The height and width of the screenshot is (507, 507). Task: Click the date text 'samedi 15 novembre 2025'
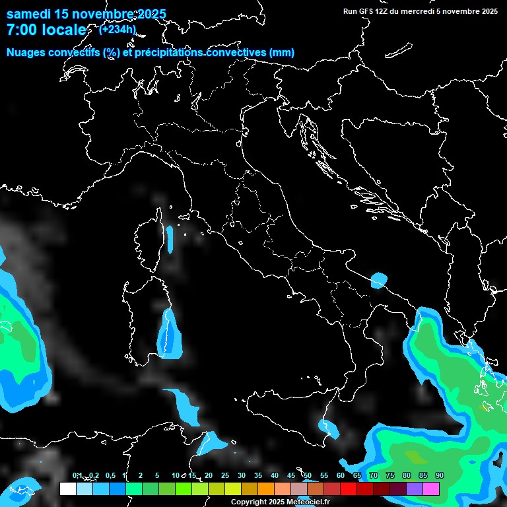[x=86, y=14]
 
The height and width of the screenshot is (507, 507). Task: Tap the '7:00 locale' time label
[x=46, y=30]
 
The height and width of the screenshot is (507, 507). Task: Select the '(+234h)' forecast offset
[x=118, y=28]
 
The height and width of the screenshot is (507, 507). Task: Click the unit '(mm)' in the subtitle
[x=281, y=52]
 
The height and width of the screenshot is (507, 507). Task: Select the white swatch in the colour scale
[x=67, y=489]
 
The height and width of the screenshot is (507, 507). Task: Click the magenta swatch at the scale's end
[x=431, y=489]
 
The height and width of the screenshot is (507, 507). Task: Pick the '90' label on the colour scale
[x=439, y=475]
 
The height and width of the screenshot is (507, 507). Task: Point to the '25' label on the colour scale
[x=224, y=475]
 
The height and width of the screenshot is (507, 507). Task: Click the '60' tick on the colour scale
[x=340, y=475]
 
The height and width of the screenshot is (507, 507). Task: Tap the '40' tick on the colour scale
[x=274, y=475]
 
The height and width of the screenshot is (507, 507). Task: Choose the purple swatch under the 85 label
[x=415, y=489]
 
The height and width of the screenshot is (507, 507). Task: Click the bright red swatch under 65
[x=349, y=489]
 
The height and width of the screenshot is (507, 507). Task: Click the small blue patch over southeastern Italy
[x=379, y=280]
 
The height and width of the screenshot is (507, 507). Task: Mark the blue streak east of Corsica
[x=170, y=238]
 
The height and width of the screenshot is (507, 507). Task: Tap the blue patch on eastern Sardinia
[x=169, y=334]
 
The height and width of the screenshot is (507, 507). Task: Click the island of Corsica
[x=151, y=238]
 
